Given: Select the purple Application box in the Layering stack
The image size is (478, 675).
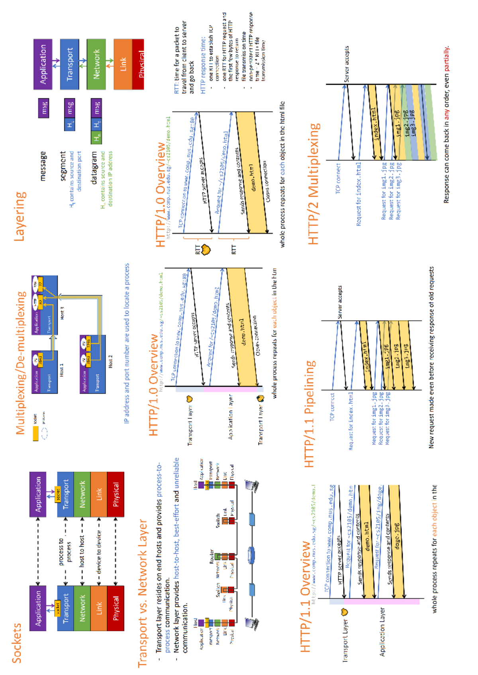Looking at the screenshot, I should point(43,64).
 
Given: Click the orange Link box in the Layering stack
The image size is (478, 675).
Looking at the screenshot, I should point(123,64).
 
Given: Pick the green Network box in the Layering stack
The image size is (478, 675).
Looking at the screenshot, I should point(96,64).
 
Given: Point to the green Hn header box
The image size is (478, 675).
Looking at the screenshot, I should point(96,137).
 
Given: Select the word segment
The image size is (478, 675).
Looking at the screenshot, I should point(63,166).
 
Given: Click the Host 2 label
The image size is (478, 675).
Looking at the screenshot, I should point(110,361).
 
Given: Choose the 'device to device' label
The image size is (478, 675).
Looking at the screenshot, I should point(98,552).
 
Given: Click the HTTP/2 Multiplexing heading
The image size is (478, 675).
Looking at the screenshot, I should point(314,183).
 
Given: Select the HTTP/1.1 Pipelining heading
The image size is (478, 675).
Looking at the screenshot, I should point(310,414).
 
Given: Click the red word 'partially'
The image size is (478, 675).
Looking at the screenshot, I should point(447,59).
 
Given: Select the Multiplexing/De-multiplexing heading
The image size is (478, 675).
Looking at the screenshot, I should point(21,363).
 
